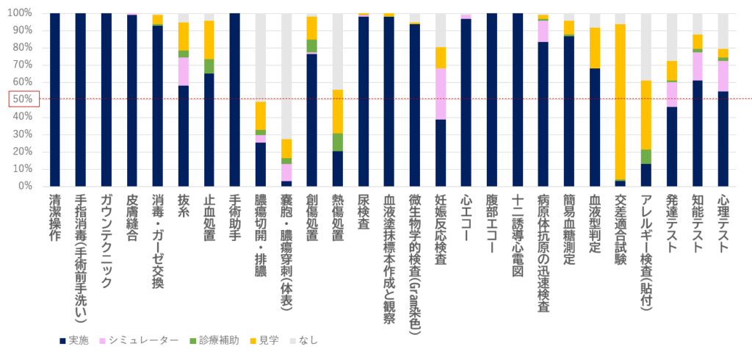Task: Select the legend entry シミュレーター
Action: click(x=143, y=339)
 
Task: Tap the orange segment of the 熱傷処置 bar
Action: click(x=338, y=111)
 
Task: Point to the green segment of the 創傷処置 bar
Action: click(x=312, y=46)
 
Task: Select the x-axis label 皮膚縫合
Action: click(x=132, y=218)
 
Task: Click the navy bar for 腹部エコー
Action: click(x=492, y=99)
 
